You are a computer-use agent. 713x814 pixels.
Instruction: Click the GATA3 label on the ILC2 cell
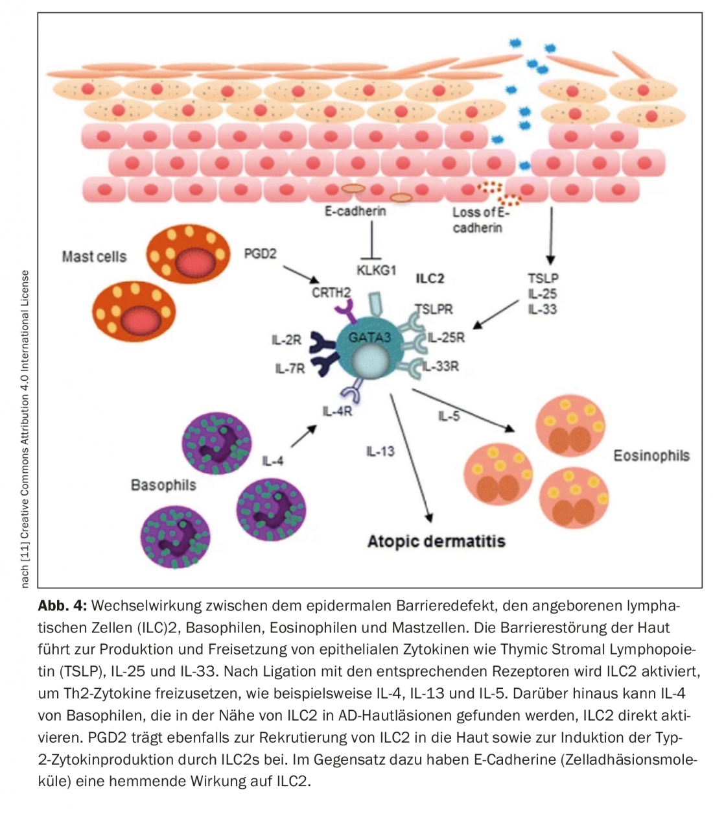coord(369,337)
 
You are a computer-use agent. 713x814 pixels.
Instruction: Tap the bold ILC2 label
coord(430,278)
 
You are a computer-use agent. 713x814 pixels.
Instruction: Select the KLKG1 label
coord(376,270)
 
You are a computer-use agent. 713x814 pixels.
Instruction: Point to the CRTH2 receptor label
coord(331,293)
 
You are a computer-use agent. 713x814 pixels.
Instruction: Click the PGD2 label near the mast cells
coord(260,254)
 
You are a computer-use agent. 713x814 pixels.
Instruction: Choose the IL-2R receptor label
coord(286,340)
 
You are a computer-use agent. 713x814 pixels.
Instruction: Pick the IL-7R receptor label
coord(289,368)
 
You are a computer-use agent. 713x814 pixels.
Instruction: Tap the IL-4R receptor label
coord(337,411)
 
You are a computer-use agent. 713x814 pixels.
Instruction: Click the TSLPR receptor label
coord(434,309)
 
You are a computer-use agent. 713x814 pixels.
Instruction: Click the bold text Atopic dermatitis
coord(436,541)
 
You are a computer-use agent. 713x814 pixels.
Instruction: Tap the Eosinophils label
coord(651,455)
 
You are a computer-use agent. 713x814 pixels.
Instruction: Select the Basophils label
coord(163,485)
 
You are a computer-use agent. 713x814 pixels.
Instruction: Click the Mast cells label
coord(94,256)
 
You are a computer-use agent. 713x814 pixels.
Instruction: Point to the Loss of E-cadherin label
coord(480,220)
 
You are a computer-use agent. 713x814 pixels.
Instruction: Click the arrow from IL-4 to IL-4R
coord(303,437)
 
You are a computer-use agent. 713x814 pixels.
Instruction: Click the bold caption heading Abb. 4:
coord(62,606)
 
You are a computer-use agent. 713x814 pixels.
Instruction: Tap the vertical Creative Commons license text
coord(25,429)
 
